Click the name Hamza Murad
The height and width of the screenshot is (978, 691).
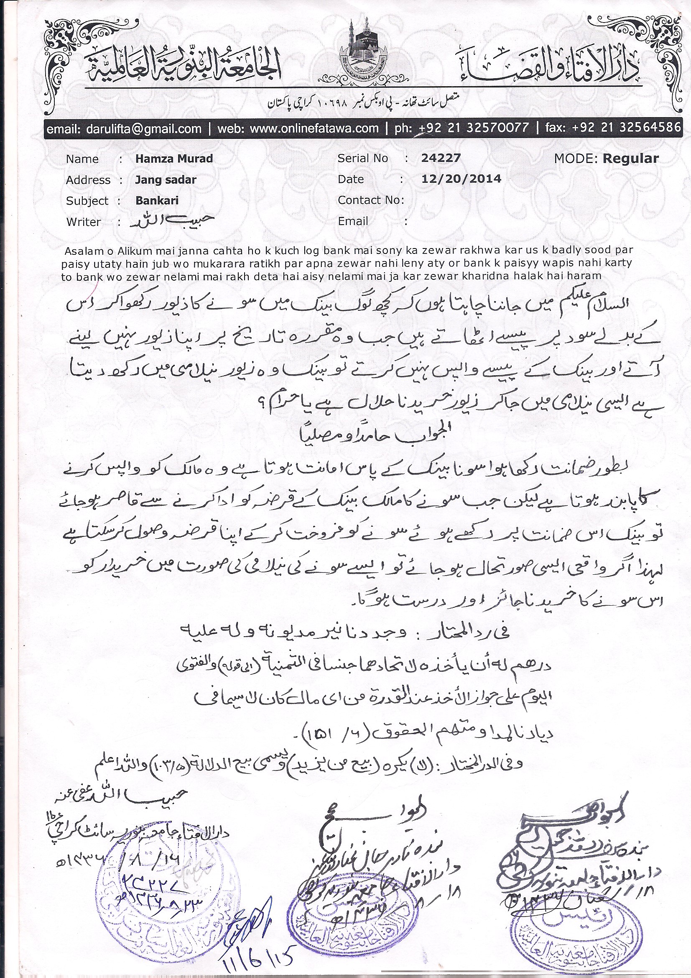pyautogui.click(x=174, y=159)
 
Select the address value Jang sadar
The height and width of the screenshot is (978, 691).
pyautogui.click(x=166, y=180)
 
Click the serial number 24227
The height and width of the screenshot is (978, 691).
pyautogui.click(x=441, y=159)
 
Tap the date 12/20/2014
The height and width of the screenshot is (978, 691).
pyautogui.click(x=461, y=179)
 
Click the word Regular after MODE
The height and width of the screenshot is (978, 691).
pyautogui.click(x=630, y=159)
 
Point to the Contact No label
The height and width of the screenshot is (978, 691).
pyautogui.click(x=370, y=200)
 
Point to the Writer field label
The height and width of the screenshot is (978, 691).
pyautogui.click(x=84, y=222)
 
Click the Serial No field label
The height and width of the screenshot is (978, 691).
pyautogui.click(x=363, y=159)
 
